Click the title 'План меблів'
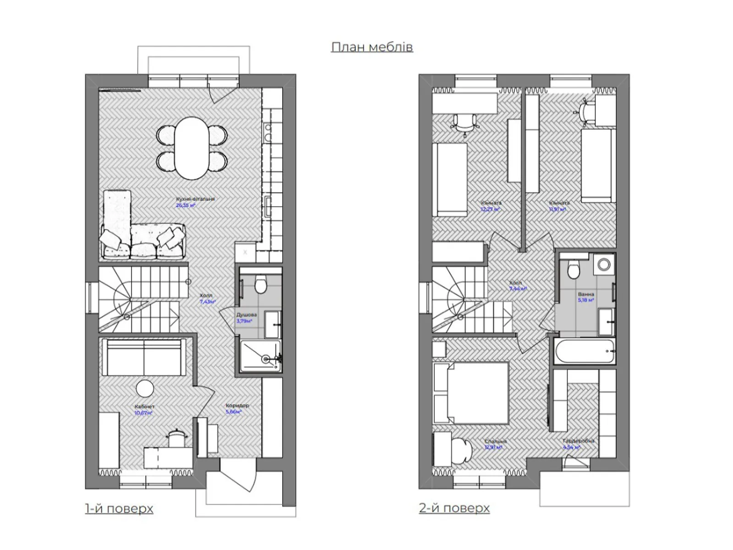pyautogui.click(x=372, y=47)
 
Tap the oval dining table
pyautogui.click(x=191, y=148)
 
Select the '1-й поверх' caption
pyautogui.click(x=119, y=508)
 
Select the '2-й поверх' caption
pyautogui.click(x=454, y=508)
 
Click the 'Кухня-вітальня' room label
pyautogui.click(x=195, y=199)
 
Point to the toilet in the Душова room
pyautogui.click(x=260, y=284)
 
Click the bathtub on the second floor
pyautogui.click(x=584, y=351)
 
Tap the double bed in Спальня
pyautogui.click(x=472, y=393)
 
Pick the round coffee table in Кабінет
pyautogui.click(x=145, y=389)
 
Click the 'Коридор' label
pyautogui.click(x=237, y=406)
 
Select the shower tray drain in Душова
pyautogui.click(x=265, y=359)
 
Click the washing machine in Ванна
pyautogui.click(x=604, y=264)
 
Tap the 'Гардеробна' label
pyautogui.click(x=579, y=441)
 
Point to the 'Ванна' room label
pyautogui.click(x=586, y=294)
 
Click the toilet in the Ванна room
pyautogui.click(x=574, y=269)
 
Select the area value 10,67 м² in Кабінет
pyautogui.click(x=143, y=413)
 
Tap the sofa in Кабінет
pyautogui.click(x=144, y=357)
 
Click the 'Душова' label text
pyautogui.click(x=246, y=315)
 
